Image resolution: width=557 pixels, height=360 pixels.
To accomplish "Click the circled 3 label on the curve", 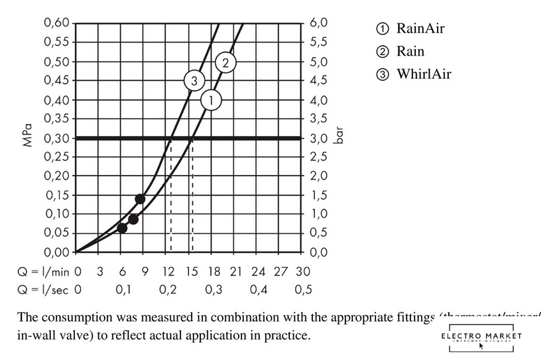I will click(x=194, y=81).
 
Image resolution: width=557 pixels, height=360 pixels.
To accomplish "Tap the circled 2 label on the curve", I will click(x=225, y=63).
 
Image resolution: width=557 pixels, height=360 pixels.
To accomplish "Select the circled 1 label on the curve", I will click(x=210, y=100).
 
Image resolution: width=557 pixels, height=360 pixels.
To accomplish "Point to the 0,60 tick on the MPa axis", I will click(x=56, y=23).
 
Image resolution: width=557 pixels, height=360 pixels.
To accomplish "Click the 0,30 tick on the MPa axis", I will click(x=56, y=138).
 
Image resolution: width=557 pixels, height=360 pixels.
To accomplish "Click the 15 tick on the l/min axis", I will click(x=191, y=272).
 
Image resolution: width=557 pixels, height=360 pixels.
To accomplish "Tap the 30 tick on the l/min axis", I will click(x=303, y=272).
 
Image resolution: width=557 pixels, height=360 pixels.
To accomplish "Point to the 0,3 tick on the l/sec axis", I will click(x=213, y=290).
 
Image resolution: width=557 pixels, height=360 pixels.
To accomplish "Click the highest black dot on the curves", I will click(x=140, y=199).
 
